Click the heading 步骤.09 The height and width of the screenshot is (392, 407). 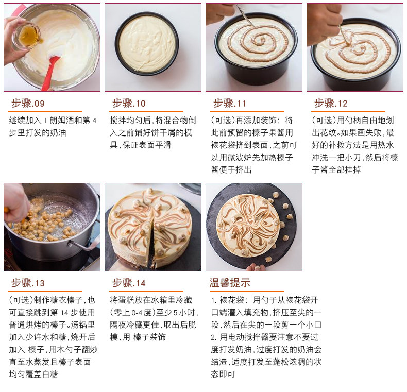(28, 104)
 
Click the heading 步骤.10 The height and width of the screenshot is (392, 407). (129, 104)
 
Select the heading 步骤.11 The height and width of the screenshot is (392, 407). (230, 104)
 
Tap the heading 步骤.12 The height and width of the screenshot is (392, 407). (331, 104)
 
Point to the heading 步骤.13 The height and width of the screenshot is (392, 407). (28, 283)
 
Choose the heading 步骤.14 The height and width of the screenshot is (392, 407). (129, 283)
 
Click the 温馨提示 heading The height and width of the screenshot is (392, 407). (230, 283)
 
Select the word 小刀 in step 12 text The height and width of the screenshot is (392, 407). (350, 157)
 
